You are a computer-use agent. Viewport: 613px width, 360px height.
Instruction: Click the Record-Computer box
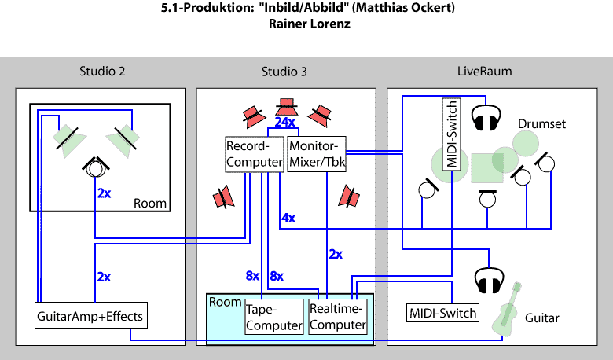254,154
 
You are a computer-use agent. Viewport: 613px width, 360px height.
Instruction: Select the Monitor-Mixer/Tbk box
318,154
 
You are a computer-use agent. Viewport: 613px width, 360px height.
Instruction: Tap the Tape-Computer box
273,316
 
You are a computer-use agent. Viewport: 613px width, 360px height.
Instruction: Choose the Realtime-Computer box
338,316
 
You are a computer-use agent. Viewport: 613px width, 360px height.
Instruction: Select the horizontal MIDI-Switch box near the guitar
442,313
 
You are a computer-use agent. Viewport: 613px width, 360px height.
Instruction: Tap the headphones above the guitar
488,279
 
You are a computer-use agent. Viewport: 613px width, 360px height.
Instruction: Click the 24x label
284,123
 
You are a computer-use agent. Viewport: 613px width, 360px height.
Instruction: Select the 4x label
288,217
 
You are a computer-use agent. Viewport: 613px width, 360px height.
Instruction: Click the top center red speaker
285,105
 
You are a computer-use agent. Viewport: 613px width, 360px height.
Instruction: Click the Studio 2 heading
102,72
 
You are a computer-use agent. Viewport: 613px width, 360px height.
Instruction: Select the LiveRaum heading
485,72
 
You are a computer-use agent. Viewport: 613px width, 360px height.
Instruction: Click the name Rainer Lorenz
306,24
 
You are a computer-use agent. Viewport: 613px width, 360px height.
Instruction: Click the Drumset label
541,124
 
